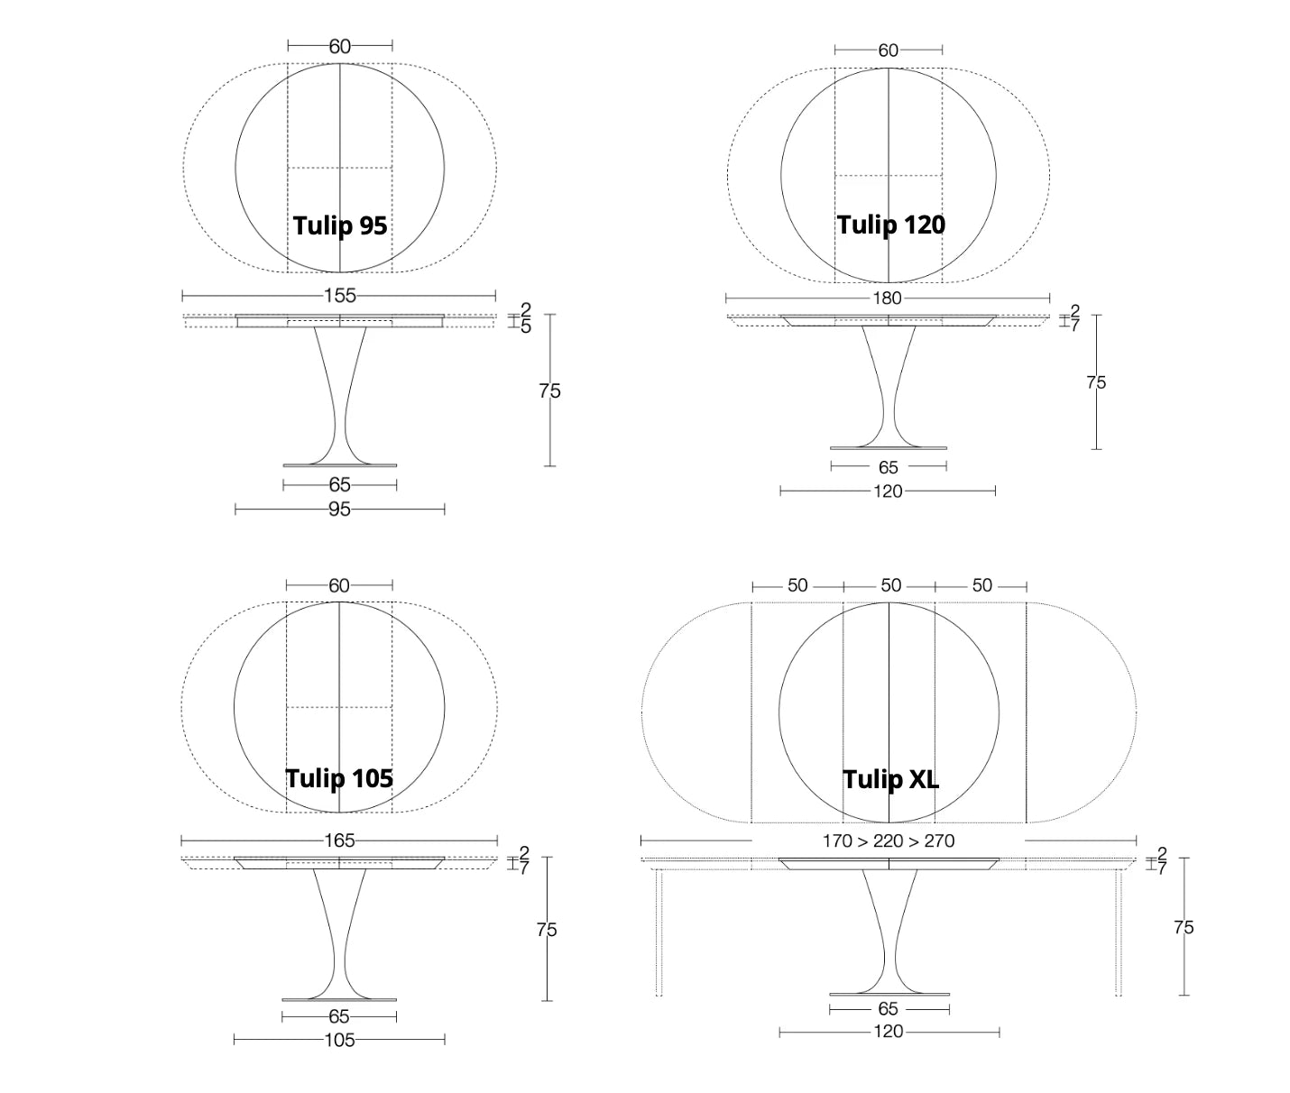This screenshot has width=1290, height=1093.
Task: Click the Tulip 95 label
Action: pyautogui.click(x=340, y=225)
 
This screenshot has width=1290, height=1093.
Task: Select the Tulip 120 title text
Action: pyautogui.click(x=890, y=225)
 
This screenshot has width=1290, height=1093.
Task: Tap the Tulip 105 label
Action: pyautogui.click(x=339, y=778)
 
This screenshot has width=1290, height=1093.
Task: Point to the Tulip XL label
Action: pyautogui.click(x=890, y=780)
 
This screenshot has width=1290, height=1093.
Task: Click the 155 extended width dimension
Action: pyautogui.click(x=340, y=296)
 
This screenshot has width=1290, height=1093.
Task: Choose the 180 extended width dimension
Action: pyautogui.click(x=887, y=299)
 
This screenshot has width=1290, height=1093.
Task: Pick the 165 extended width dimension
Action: pyautogui.click(x=339, y=840)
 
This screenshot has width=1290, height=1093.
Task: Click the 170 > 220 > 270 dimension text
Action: pyautogui.click(x=889, y=841)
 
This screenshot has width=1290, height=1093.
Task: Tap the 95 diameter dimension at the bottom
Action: pyautogui.click(x=339, y=510)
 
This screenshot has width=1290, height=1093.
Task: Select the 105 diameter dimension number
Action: pyautogui.click(x=339, y=1040)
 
